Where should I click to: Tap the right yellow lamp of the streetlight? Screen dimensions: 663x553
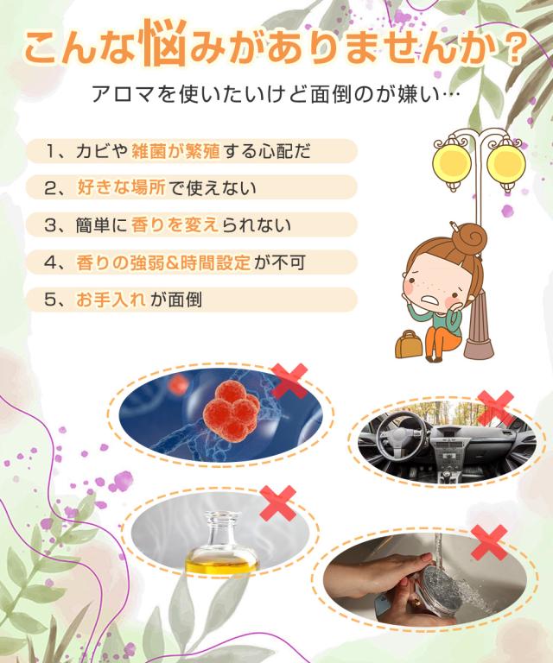coord(505,162)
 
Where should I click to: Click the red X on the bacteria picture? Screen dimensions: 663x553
coord(289,381)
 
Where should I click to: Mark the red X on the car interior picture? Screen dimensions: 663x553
coord(495,407)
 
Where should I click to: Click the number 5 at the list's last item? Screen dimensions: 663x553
coord(54,300)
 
